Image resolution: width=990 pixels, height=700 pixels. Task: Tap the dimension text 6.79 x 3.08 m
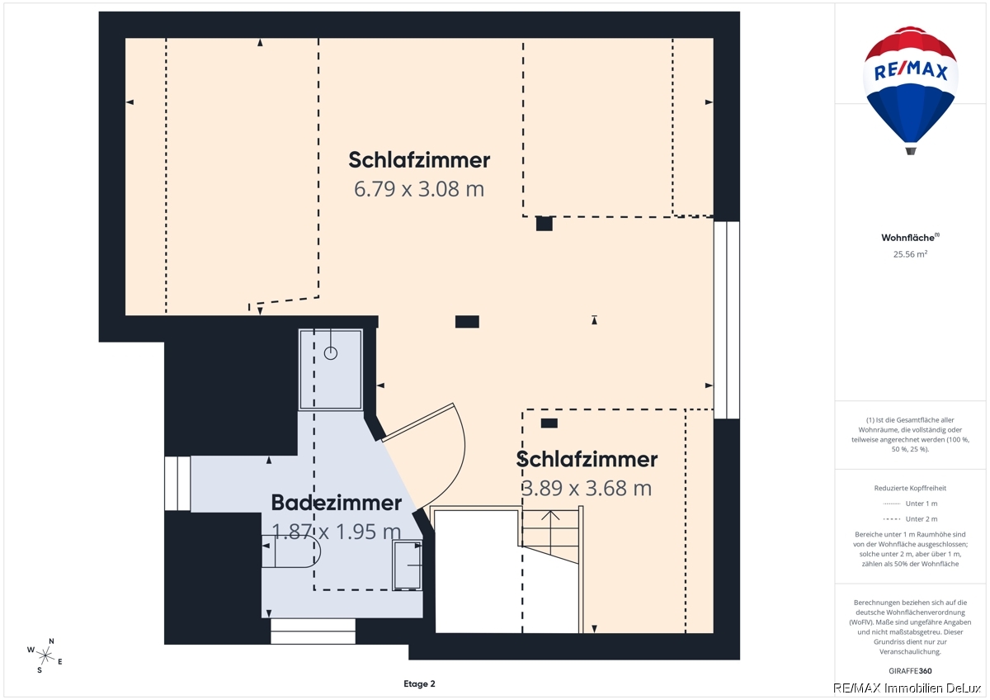[x=419, y=189]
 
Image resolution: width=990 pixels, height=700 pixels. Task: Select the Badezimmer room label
[x=337, y=503]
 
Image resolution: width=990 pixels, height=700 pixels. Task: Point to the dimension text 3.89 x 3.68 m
[x=587, y=488]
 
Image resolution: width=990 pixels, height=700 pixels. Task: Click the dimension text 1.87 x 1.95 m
[x=337, y=531]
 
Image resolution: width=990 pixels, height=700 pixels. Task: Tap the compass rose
[x=45, y=655]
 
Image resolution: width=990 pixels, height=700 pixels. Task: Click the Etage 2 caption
[x=419, y=683]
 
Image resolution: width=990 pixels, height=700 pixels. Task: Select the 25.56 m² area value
[x=910, y=253]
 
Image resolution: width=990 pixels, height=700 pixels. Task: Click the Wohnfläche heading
[x=910, y=238]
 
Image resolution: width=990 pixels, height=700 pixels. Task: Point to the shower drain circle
[x=331, y=353]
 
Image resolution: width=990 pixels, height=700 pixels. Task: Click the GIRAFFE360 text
[x=910, y=671]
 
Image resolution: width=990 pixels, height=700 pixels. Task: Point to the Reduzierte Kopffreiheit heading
[x=910, y=488]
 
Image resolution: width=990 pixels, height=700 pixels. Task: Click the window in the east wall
[x=727, y=319]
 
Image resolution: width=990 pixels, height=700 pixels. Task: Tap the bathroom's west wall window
[x=177, y=484]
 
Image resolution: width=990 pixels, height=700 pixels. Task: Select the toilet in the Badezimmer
[x=290, y=551]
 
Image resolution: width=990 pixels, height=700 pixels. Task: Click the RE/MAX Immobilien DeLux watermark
[x=907, y=688]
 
